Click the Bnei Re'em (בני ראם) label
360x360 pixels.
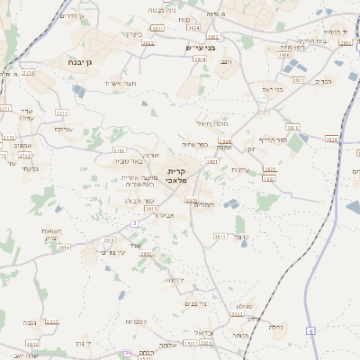[272, 89]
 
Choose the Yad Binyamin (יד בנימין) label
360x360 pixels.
[333, 31]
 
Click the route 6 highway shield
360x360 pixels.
[311, 331]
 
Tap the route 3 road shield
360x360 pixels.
[134, 221]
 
